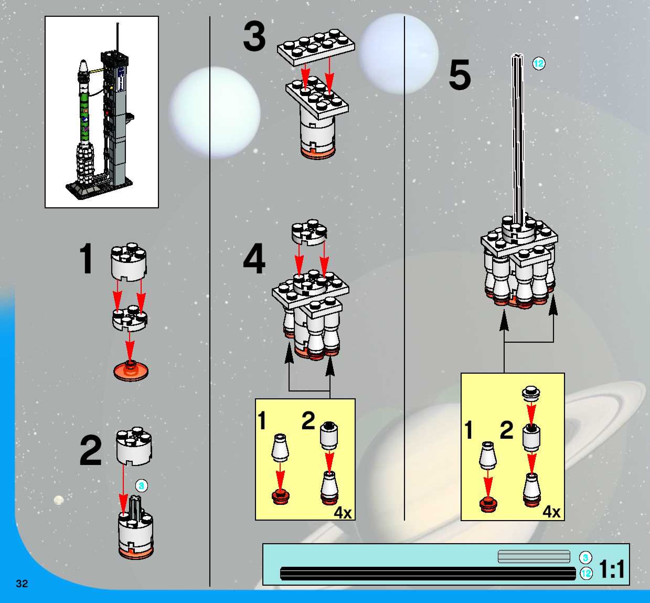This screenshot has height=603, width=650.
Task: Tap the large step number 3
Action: point(254,36)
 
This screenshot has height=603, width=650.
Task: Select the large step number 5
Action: point(460,76)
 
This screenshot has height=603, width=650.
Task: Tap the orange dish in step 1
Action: point(131,371)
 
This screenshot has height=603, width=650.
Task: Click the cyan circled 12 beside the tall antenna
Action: point(539,63)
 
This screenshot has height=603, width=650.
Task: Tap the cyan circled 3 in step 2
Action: point(141,486)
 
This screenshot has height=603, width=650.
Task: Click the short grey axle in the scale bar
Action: point(534,556)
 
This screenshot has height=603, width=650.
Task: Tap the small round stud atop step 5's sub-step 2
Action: point(531,392)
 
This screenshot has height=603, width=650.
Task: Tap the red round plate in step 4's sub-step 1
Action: point(280,496)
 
